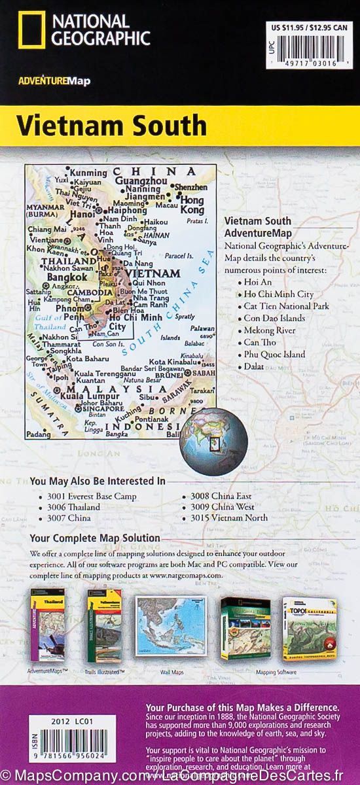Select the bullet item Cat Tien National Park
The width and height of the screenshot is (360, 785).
(x=285, y=306)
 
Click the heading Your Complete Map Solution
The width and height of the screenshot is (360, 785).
(x=95, y=538)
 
